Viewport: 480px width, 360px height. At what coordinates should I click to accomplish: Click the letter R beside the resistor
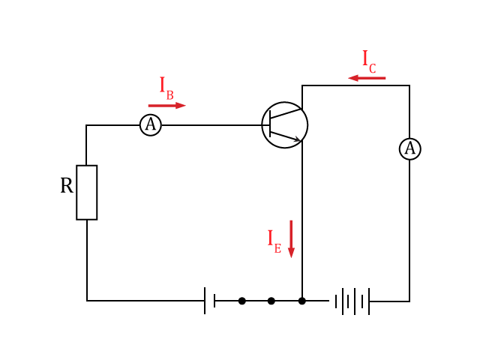67,185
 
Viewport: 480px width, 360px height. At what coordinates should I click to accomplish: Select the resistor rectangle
87,192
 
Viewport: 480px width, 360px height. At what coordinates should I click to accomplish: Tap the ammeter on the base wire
151,125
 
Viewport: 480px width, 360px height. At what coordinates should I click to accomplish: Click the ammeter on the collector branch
410,148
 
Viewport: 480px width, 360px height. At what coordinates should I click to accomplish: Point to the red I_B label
166,88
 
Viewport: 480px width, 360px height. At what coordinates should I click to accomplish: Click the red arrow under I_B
166,106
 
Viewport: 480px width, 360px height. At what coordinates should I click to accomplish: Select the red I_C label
369,61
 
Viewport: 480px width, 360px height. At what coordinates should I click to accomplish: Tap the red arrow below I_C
367,78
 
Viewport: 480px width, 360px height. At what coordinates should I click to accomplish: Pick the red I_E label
274,241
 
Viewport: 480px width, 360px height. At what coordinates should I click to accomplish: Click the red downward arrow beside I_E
291,239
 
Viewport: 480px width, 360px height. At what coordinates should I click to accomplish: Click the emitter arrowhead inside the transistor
297,139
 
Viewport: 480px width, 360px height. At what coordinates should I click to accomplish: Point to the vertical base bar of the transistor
270,124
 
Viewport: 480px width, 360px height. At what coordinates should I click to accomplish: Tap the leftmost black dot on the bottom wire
241,301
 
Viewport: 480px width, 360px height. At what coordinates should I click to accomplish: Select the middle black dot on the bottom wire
271,301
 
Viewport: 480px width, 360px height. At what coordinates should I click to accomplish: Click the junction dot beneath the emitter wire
302,301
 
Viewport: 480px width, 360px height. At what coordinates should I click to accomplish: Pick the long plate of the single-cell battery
205,301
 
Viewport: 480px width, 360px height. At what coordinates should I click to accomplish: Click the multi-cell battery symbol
352,301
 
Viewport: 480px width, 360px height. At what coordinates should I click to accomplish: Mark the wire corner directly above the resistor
86,125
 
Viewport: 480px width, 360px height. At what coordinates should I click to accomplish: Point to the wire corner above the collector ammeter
409,85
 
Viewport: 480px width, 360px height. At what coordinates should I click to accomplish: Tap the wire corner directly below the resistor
87,301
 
